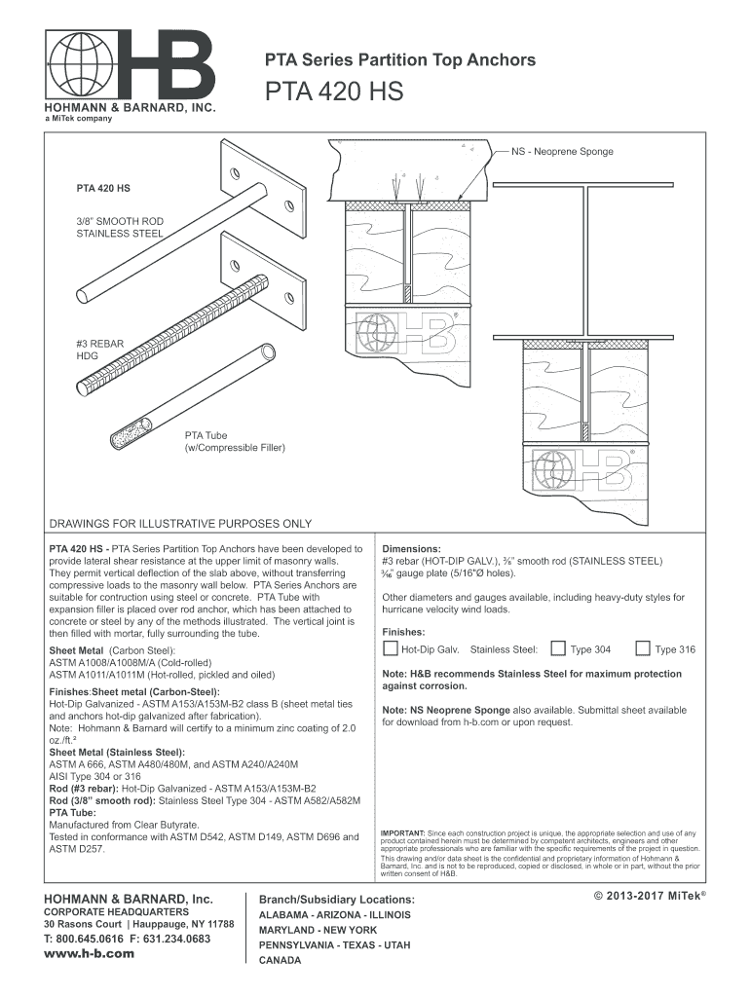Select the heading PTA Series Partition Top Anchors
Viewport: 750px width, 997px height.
[x=400, y=60]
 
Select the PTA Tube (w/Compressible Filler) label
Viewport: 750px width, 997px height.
[x=235, y=440]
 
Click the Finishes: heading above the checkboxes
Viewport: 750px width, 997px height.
[x=403, y=631]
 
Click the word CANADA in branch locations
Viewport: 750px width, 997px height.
[x=280, y=960]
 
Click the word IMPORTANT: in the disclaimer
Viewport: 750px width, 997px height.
[x=402, y=833]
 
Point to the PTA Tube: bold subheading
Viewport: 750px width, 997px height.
[x=73, y=812]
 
